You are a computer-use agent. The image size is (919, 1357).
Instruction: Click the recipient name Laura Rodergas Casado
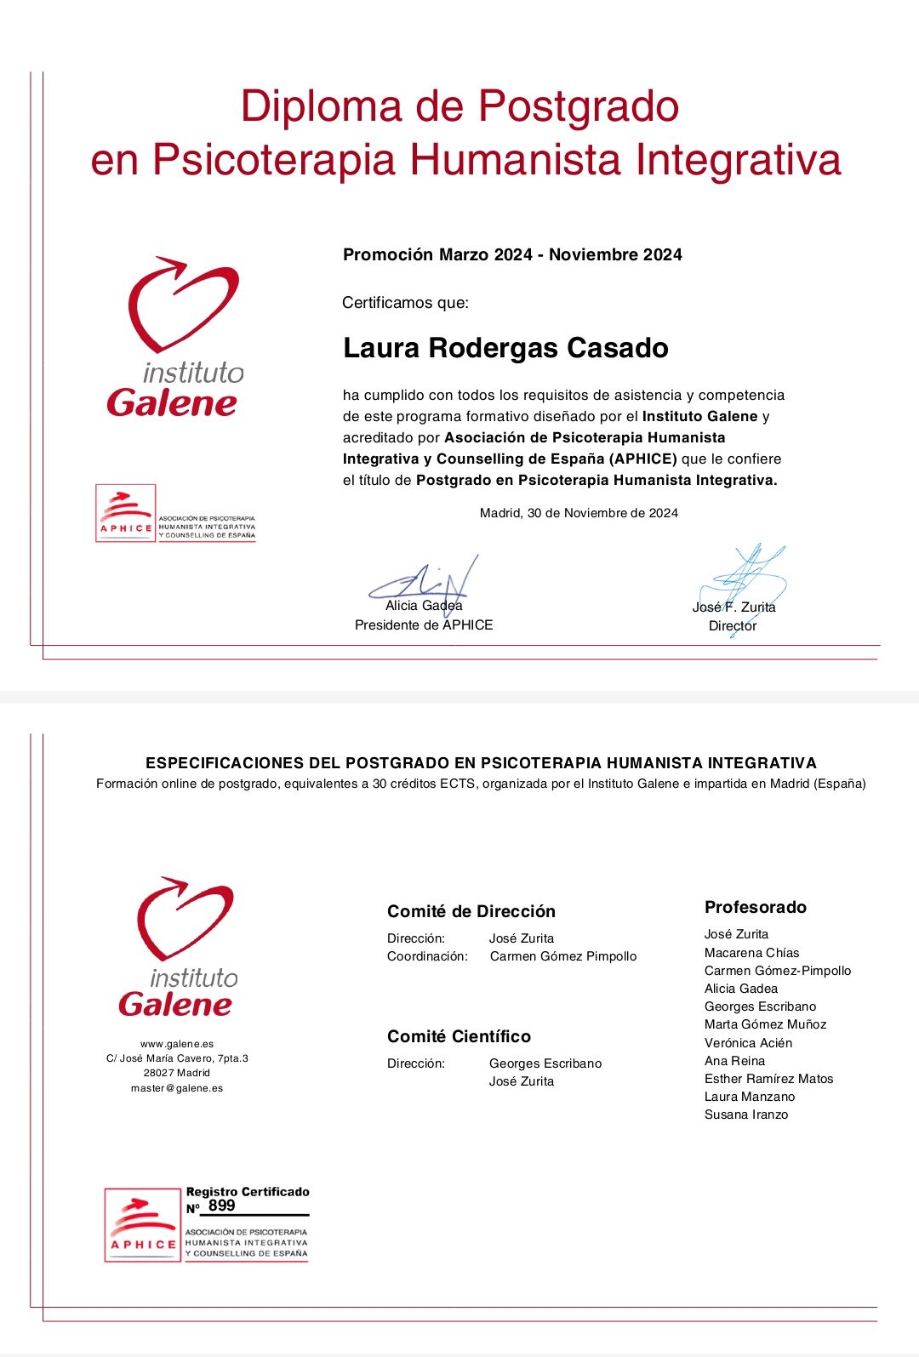click(505, 348)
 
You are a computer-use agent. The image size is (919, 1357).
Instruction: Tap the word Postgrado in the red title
click(578, 106)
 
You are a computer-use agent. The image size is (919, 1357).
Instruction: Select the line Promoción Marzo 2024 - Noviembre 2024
click(512, 254)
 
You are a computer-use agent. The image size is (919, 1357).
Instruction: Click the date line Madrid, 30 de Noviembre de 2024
click(579, 513)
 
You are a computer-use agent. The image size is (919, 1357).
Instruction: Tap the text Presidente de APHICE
click(424, 625)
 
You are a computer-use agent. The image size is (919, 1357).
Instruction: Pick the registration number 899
click(221, 1206)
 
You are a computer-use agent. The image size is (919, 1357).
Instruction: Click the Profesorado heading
click(756, 907)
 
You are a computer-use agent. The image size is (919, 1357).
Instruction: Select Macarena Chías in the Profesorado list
click(751, 953)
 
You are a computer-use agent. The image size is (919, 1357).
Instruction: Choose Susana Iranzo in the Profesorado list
click(746, 1115)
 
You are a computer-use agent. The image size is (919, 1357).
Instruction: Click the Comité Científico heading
click(459, 1036)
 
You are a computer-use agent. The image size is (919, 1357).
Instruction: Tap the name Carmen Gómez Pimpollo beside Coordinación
click(563, 956)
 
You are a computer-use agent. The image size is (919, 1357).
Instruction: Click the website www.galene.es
click(177, 1044)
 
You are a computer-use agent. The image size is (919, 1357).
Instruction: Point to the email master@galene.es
click(177, 1088)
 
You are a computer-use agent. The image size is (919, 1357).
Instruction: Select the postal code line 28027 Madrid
click(177, 1073)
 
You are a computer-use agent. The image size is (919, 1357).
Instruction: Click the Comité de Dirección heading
click(471, 911)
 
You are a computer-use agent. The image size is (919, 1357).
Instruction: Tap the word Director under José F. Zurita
click(733, 626)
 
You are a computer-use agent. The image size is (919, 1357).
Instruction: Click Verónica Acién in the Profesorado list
click(748, 1043)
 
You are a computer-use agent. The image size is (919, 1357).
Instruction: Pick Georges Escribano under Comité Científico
click(545, 1063)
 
